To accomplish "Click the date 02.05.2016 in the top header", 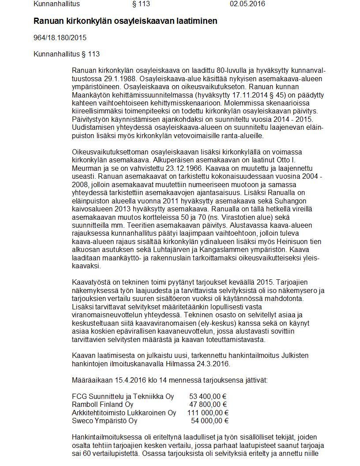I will tap(247, 4).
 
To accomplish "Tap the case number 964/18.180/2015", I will tap(60, 38).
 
